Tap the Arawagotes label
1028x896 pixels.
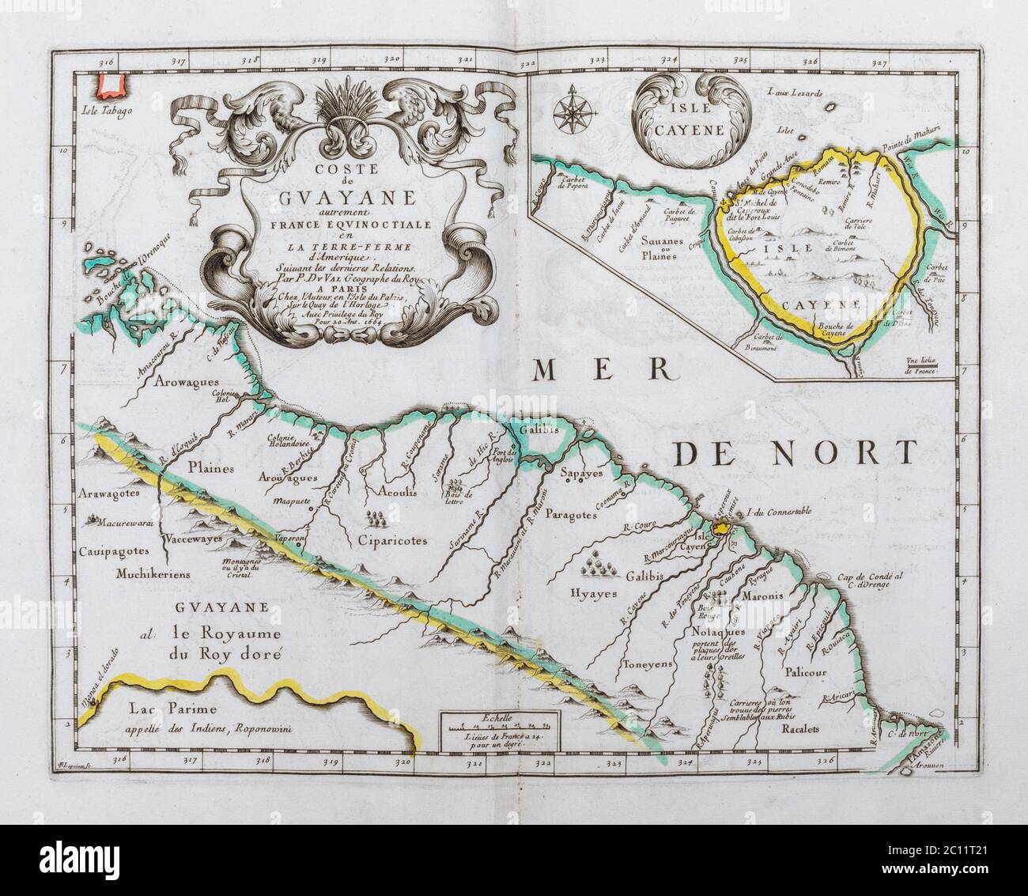click(109, 493)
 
